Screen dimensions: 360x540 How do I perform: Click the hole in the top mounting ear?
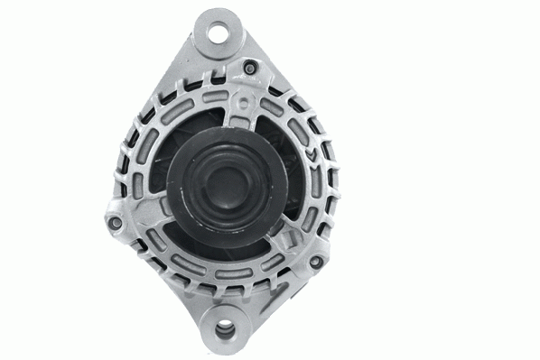(x=216, y=33)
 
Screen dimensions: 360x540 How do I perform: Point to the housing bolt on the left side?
(x=113, y=222)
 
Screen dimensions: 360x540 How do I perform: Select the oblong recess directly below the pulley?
(x=223, y=266)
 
